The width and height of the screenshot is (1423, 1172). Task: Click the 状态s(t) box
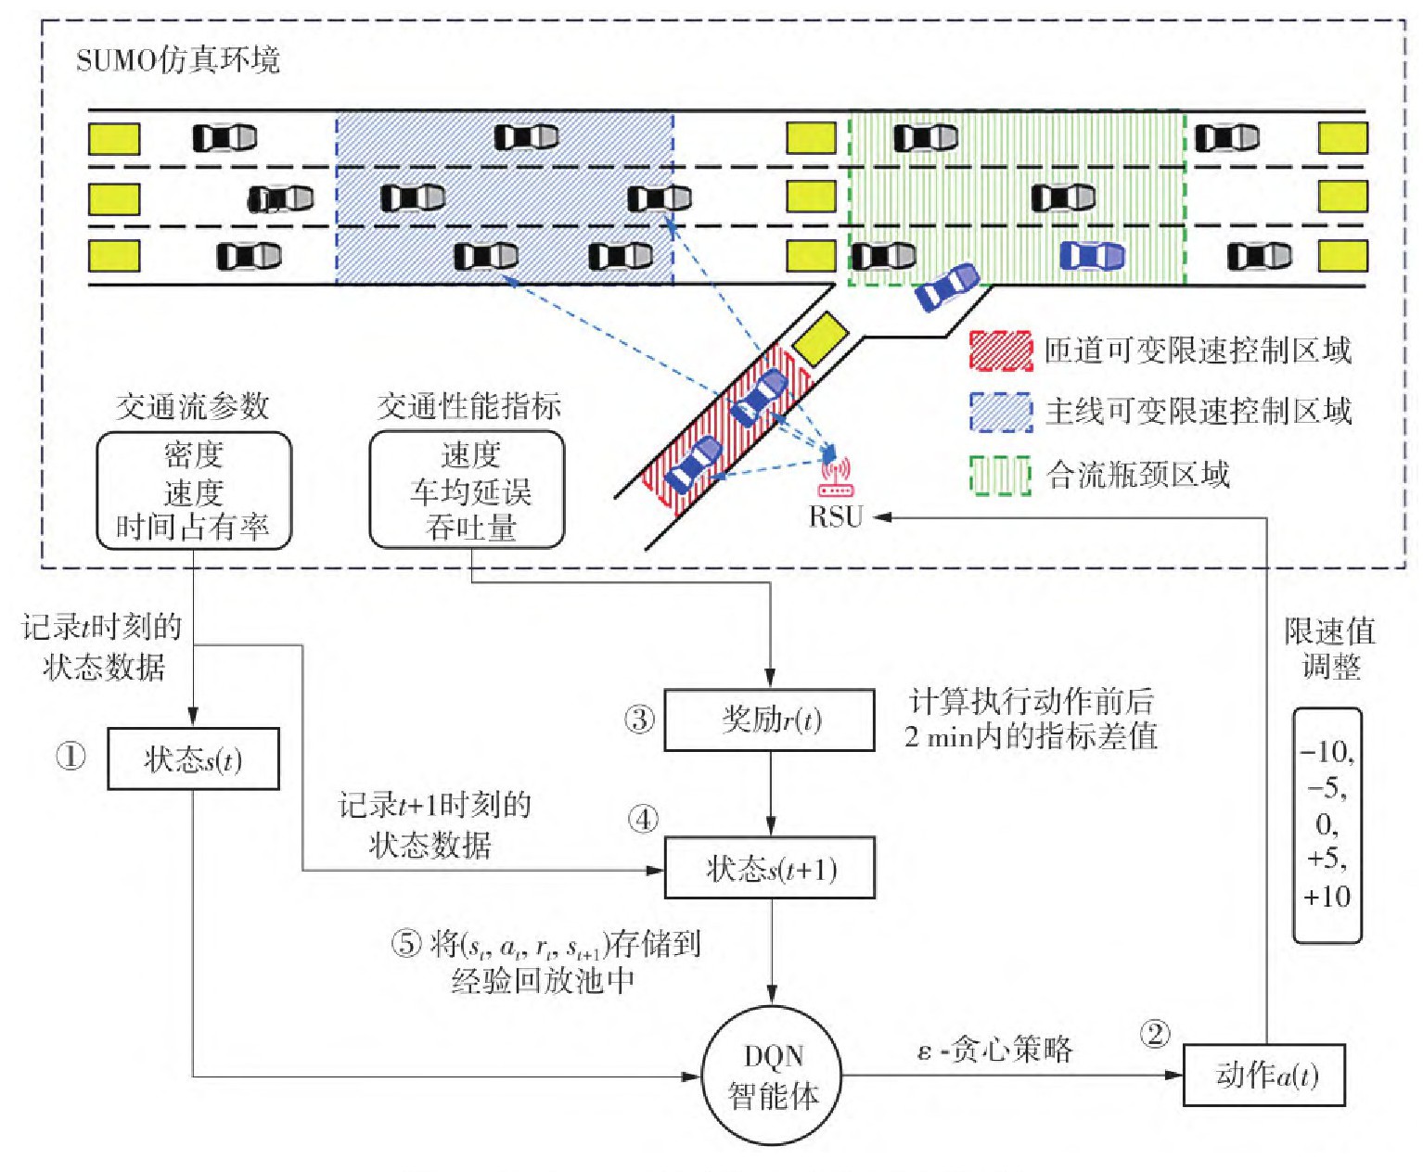point(193,759)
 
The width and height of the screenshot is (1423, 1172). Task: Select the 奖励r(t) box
point(770,720)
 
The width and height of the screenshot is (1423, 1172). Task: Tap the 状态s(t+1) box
point(770,869)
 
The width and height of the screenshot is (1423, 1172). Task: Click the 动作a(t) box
point(1264,1075)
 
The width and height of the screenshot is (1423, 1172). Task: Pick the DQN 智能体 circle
point(772,1076)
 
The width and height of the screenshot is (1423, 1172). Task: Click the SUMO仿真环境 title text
point(177,61)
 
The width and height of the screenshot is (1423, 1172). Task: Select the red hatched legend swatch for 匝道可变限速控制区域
point(1000,350)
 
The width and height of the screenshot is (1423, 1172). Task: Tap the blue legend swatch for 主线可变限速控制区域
point(1000,412)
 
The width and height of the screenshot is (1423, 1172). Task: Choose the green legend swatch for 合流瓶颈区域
point(1000,475)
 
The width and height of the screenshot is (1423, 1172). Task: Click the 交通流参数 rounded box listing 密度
point(194,490)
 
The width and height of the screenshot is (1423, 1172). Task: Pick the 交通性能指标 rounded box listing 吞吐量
point(468,490)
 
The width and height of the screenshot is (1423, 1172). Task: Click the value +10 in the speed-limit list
point(1327,897)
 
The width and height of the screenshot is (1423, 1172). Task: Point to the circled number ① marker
point(71,757)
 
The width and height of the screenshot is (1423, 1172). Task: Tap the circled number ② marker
point(1155,1034)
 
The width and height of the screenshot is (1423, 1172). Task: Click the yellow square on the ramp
point(821,339)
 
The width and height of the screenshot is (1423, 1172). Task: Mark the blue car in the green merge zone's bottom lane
point(1092,255)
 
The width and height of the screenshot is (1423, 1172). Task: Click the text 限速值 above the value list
point(1329,631)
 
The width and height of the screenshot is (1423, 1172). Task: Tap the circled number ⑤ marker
point(406,944)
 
